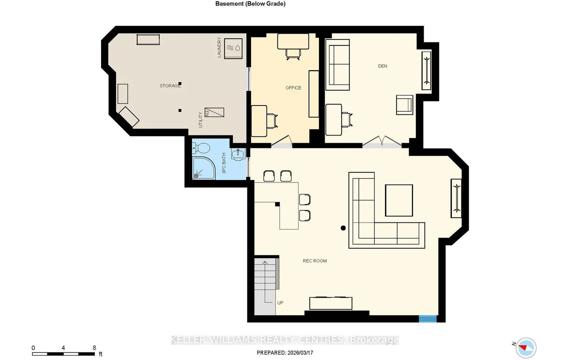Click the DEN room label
tap(382, 66)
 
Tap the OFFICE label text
tap(293, 88)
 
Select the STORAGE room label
tap(170, 86)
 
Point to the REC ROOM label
tap(315, 261)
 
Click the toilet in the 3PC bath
tap(201, 148)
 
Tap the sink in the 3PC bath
tap(238, 154)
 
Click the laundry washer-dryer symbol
tap(233, 48)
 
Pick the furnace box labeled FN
tap(214, 113)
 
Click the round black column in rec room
tap(343, 228)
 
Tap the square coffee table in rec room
tap(399, 200)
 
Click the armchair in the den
tap(405, 105)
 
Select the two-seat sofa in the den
tap(338, 64)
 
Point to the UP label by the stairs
tap(280, 303)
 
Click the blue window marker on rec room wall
tap(428, 319)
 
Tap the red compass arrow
tap(523, 348)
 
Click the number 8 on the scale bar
tap(94, 348)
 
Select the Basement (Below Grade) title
tap(250, 4)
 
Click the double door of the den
tap(382, 142)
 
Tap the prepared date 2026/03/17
tap(300, 353)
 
